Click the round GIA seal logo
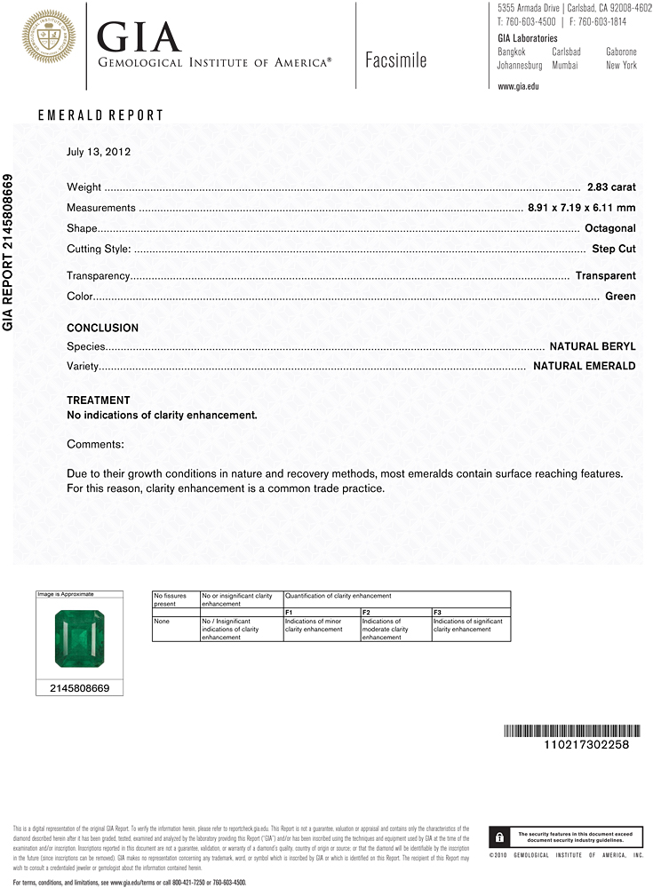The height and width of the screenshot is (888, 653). click(x=48, y=37)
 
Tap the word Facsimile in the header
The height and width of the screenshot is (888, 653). click(x=395, y=60)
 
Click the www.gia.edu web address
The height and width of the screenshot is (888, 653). click(x=518, y=86)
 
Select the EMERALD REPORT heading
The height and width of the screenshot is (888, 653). click(x=100, y=115)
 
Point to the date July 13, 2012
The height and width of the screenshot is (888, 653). click(x=99, y=152)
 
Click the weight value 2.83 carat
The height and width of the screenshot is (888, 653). click(x=611, y=187)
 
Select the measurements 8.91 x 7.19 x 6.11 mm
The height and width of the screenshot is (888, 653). click(x=581, y=208)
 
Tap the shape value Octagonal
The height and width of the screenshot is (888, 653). click(x=611, y=228)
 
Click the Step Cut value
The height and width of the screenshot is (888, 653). click(x=614, y=249)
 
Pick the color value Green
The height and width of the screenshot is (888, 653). click(x=620, y=296)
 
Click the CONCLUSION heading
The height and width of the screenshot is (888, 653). click(x=102, y=328)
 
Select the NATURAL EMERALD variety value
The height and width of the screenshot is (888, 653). click(x=584, y=366)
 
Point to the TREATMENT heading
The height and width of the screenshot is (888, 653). click(x=98, y=400)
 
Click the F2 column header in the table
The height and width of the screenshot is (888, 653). click(x=366, y=613)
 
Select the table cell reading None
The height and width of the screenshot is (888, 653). click(x=161, y=622)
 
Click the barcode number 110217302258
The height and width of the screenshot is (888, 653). click(x=585, y=745)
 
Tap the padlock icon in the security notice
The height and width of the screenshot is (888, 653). click(x=499, y=837)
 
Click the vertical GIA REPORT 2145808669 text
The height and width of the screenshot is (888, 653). click(x=8, y=252)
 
